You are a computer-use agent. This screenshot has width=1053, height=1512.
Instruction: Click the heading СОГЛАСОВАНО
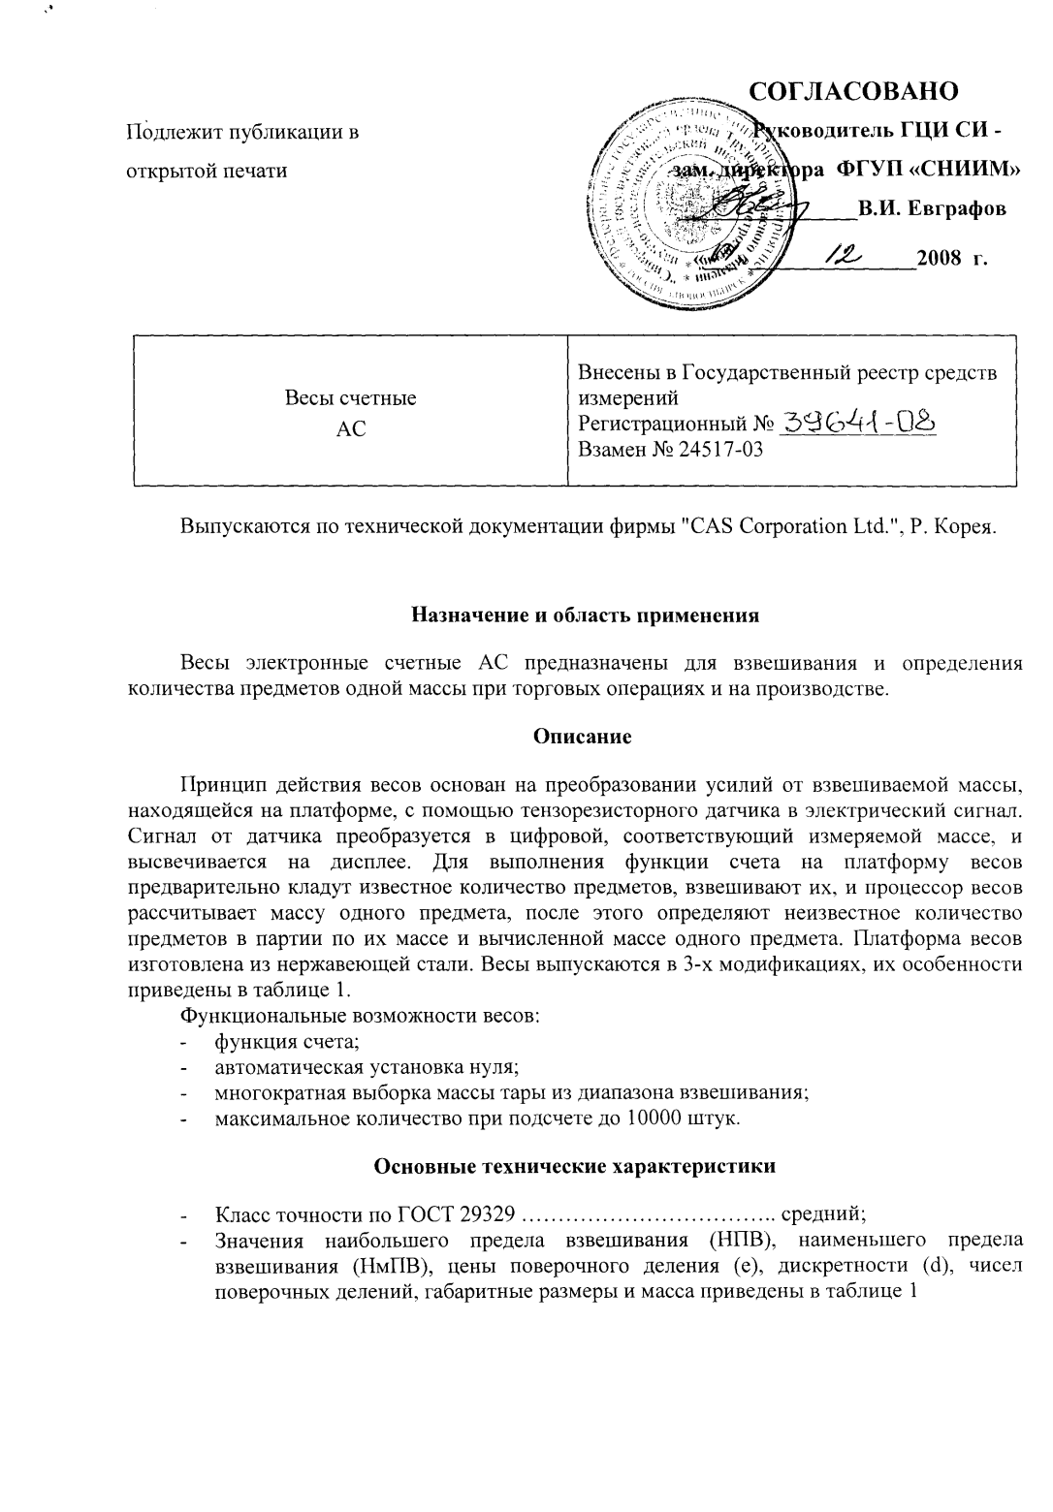tap(854, 91)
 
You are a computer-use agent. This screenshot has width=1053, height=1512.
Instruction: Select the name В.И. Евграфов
tap(931, 208)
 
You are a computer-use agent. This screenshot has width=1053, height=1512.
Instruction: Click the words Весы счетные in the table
tap(349, 398)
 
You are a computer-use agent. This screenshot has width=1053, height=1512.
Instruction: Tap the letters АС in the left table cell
tap(349, 428)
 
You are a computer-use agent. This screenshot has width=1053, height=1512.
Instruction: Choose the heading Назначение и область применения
tap(585, 614)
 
